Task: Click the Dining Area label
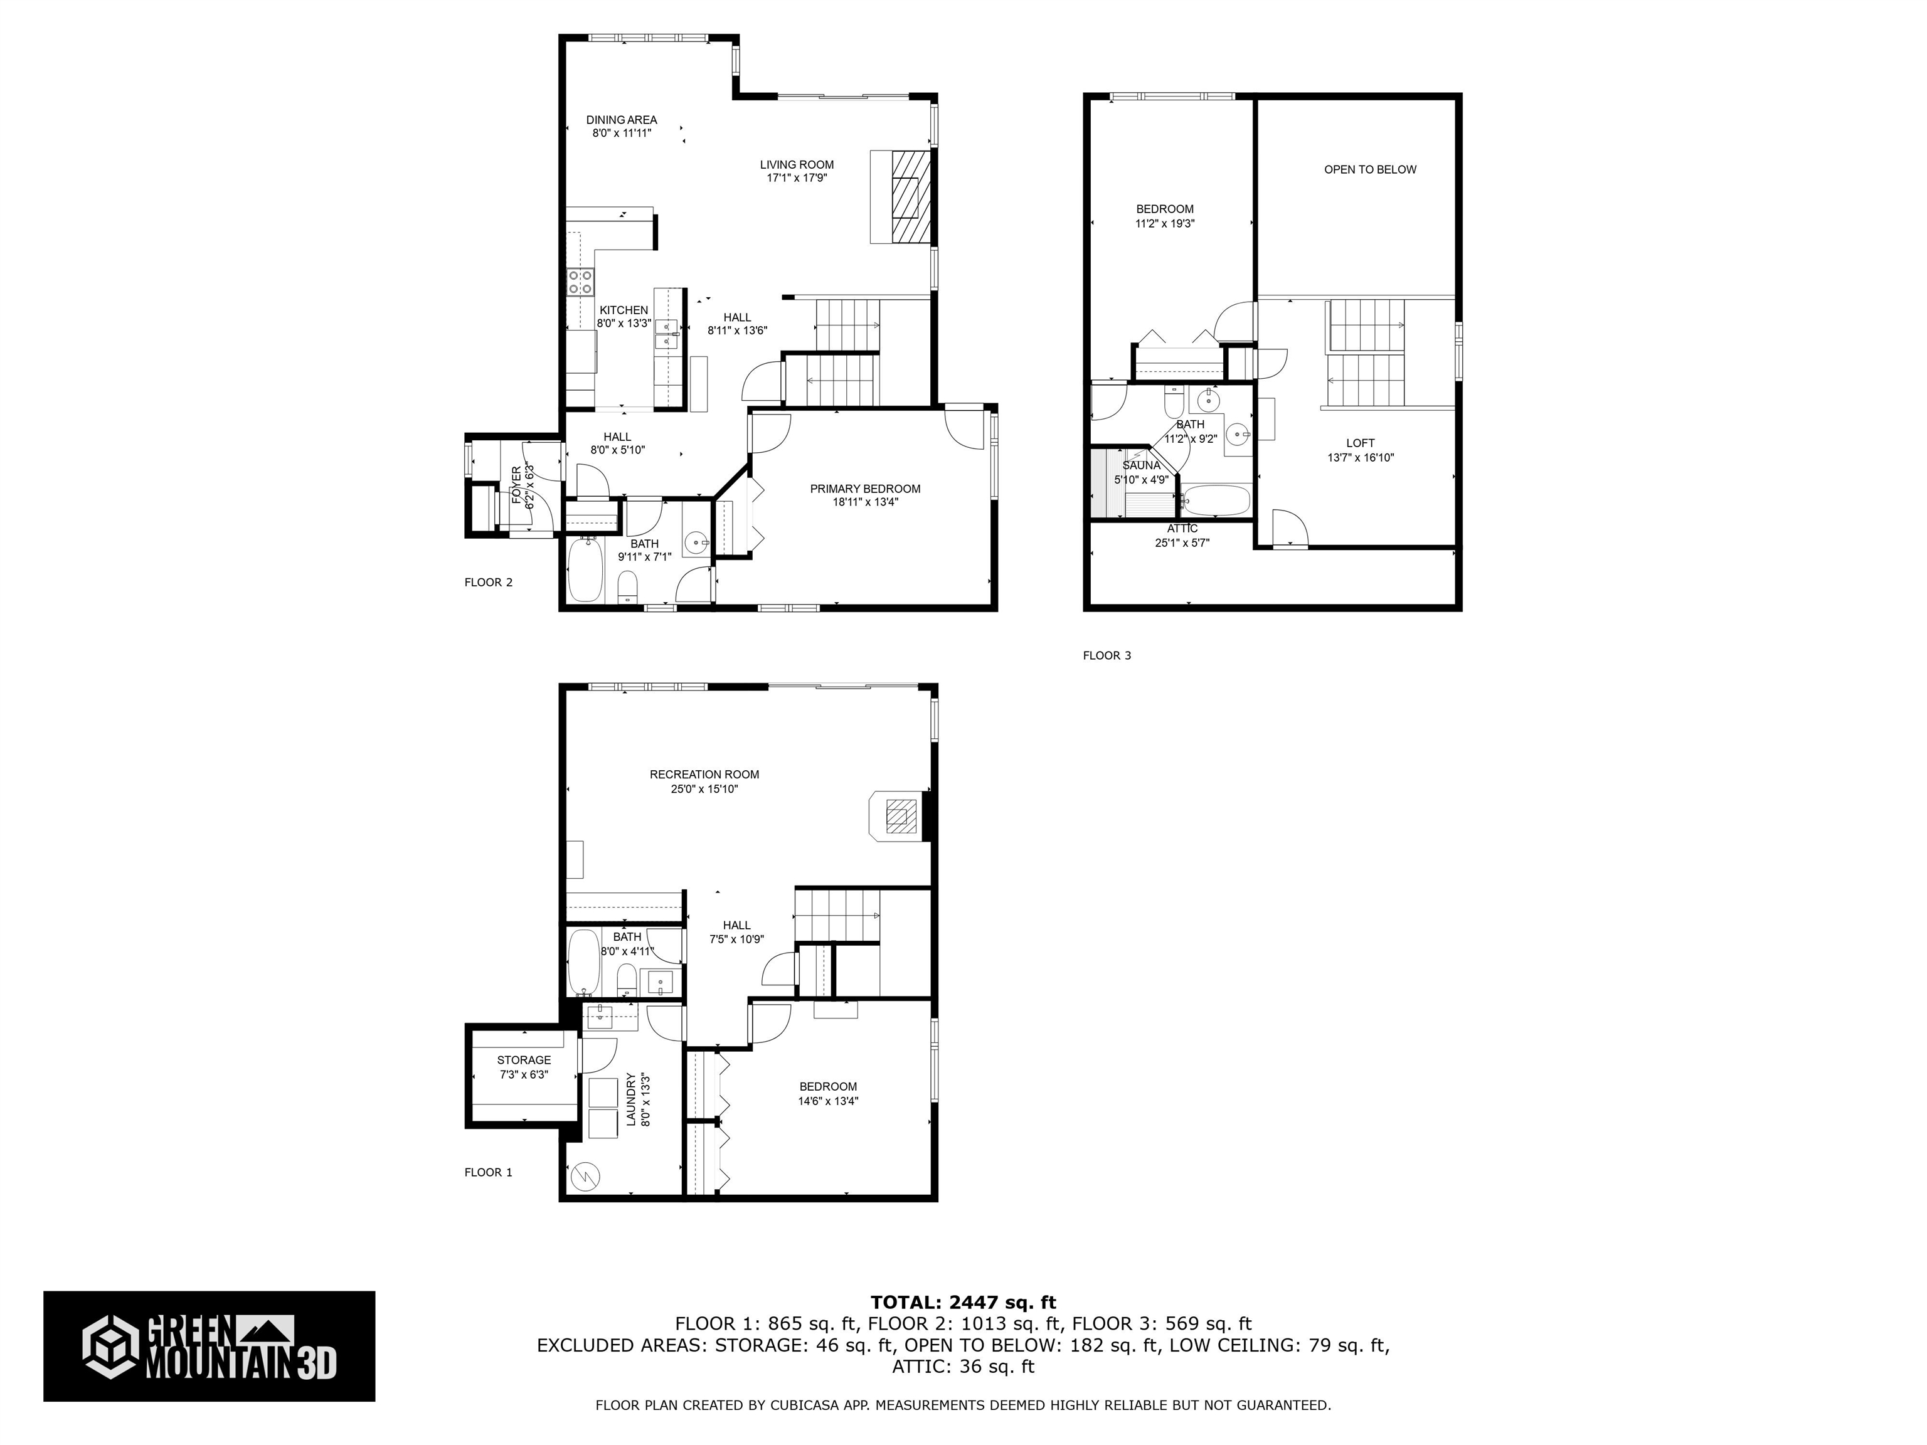click(621, 120)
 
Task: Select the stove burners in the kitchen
click(581, 282)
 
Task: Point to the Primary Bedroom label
click(864, 489)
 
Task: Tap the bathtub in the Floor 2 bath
click(585, 571)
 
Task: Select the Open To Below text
click(1369, 170)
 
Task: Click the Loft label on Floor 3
click(1360, 443)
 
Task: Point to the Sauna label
click(1141, 465)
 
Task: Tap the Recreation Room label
click(704, 775)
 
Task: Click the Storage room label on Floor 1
click(524, 1060)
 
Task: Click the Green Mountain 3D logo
click(209, 1346)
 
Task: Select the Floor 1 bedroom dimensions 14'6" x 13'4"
click(827, 1101)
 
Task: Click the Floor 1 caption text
click(488, 1172)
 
